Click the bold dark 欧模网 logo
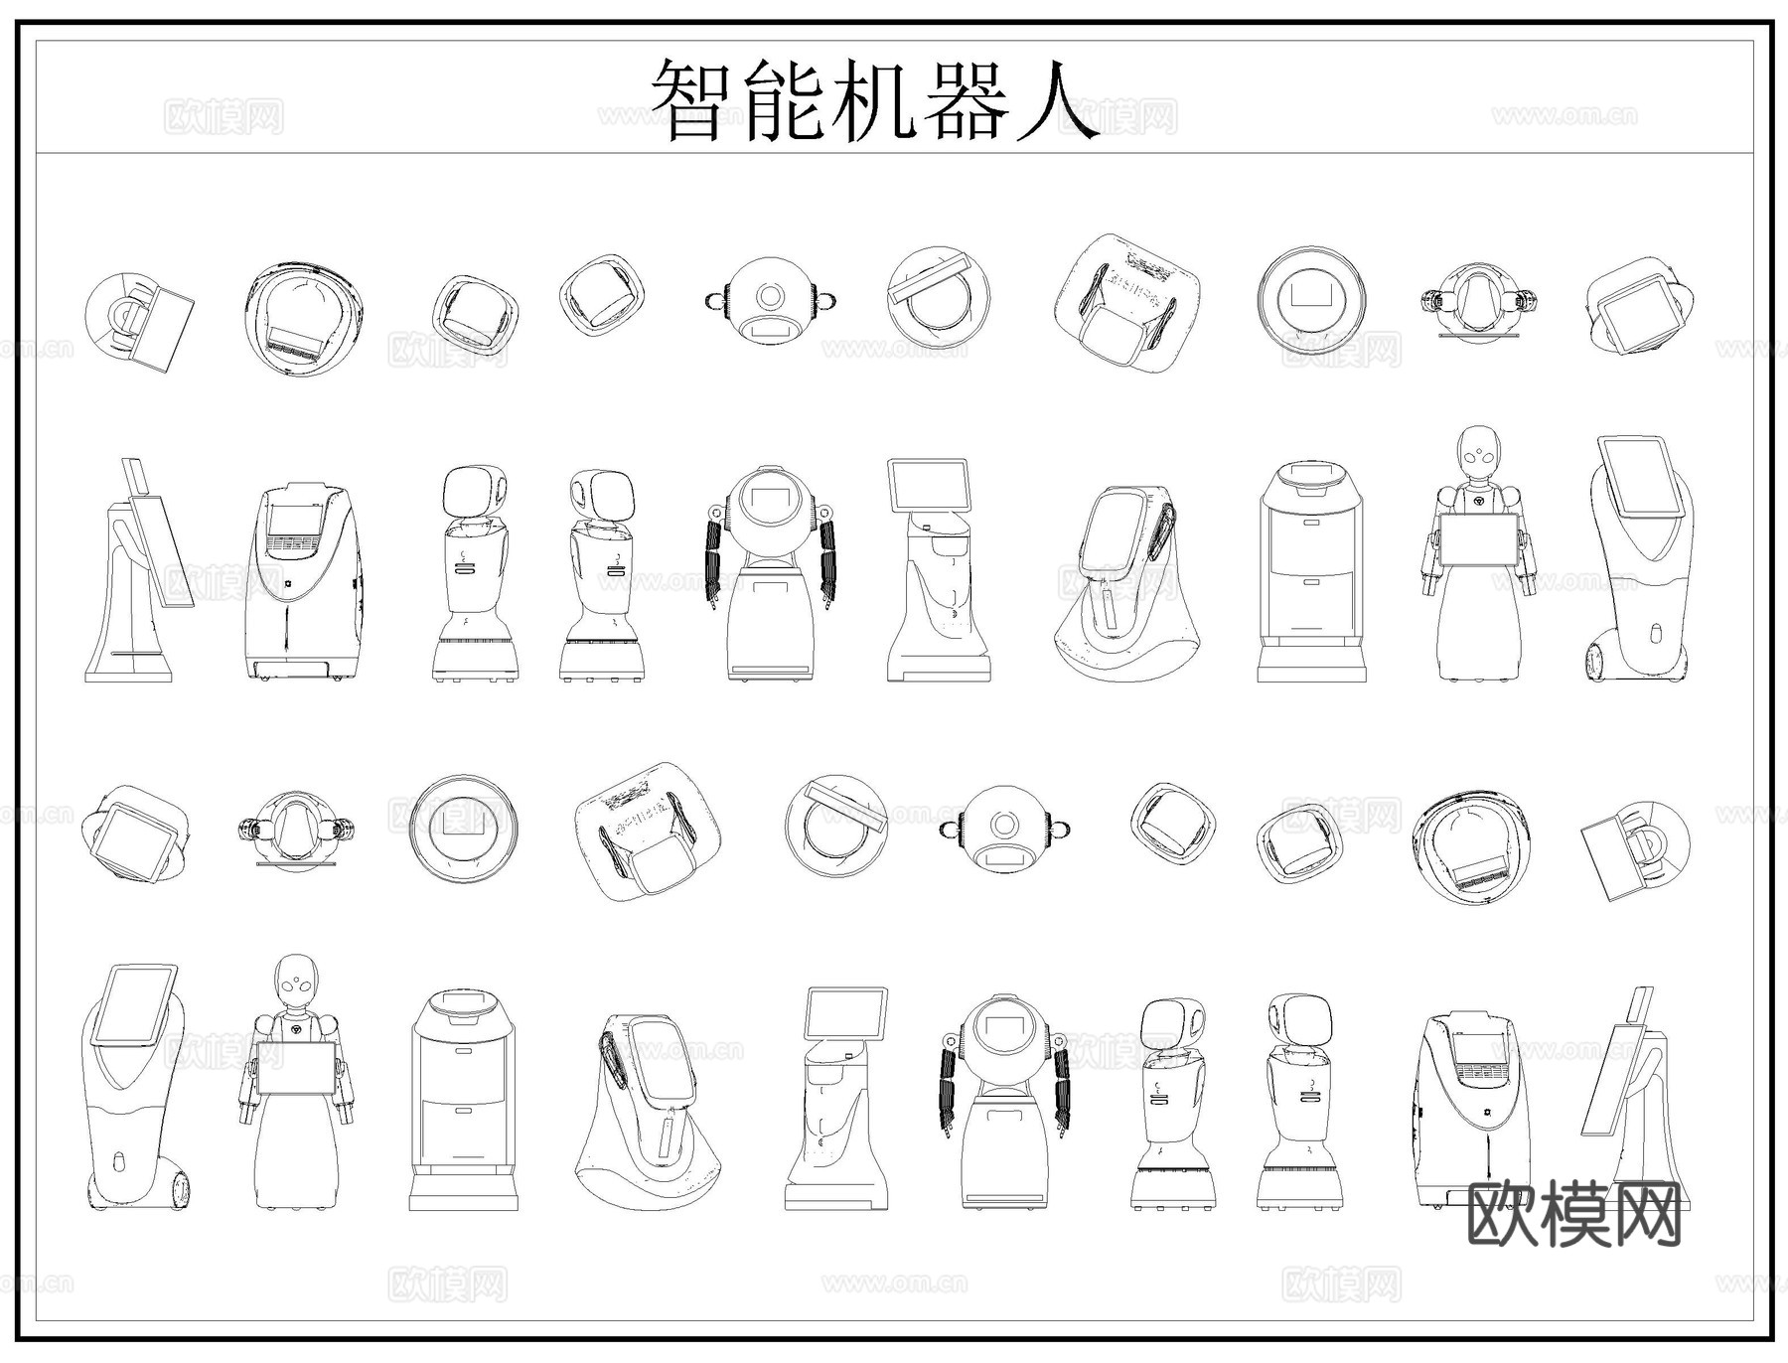tap(1574, 1214)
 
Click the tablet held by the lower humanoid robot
tap(296, 1068)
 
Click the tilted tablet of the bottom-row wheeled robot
tap(132, 1003)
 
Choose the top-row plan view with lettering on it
tap(1129, 303)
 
